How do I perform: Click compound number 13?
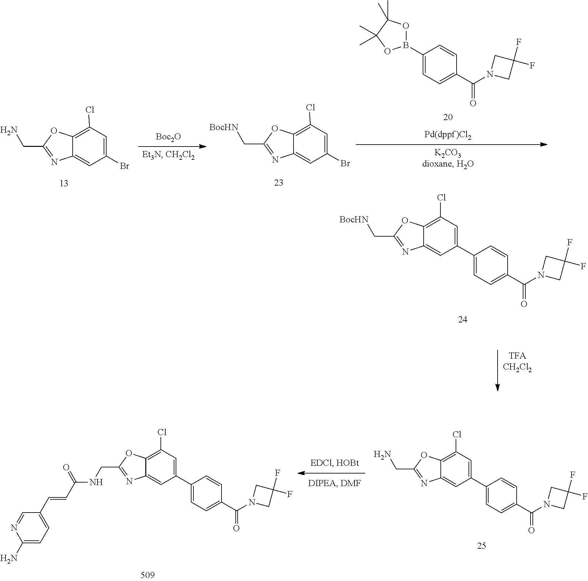tap(64, 183)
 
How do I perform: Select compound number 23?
tap(278, 183)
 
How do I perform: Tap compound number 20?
tap(448, 117)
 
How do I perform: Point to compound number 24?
tap(462, 320)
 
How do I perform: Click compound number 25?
tap(481, 545)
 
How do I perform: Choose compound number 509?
tap(148, 575)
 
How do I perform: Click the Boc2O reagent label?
tap(168, 137)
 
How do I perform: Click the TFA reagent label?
tap(517, 356)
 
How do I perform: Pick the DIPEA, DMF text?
tap(335, 483)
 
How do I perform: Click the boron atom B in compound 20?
tap(406, 47)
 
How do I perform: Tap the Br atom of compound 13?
tap(124, 166)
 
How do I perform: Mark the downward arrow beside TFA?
tap(497, 370)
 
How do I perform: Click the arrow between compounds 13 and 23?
tap(172, 147)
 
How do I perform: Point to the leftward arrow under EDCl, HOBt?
tap(331, 473)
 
